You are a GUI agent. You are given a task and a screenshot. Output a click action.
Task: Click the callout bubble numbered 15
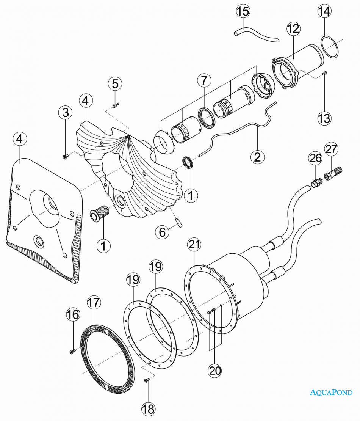click(x=243, y=11)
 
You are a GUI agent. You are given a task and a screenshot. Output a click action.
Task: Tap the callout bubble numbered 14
click(x=324, y=11)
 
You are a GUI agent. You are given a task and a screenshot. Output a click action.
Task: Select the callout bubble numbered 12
click(x=293, y=29)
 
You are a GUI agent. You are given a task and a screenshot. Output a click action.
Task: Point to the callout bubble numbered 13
click(x=324, y=118)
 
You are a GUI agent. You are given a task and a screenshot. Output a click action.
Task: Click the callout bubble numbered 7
click(x=204, y=80)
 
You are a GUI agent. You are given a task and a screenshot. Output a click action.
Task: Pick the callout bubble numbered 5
click(x=116, y=83)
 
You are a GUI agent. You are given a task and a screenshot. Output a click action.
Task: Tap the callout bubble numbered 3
click(x=66, y=112)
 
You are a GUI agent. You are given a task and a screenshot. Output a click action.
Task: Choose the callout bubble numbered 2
click(x=257, y=157)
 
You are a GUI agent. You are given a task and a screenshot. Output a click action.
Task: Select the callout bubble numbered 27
click(x=331, y=149)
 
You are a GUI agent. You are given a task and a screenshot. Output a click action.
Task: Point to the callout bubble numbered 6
click(x=162, y=232)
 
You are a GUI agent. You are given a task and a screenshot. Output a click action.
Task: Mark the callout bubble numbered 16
click(x=74, y=314)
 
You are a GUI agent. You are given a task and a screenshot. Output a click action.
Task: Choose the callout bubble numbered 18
click(x=148, y=408)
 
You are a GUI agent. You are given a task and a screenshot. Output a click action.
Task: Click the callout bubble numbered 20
click(x=215, y=371)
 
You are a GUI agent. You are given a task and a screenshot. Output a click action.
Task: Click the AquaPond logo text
click(x=331, y=392)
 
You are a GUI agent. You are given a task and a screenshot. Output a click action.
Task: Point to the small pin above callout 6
click(x=178, y=222)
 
